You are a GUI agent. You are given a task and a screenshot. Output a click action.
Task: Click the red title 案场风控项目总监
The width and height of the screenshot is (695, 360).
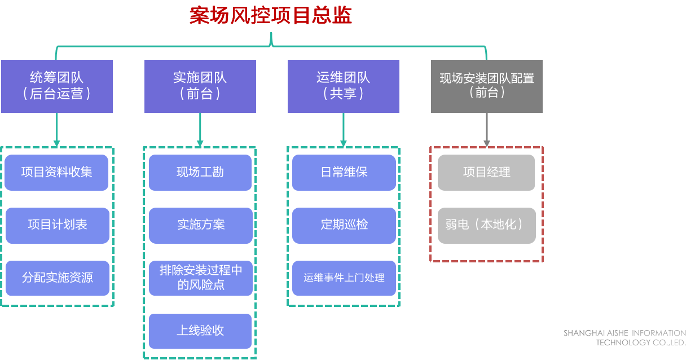[271, 16]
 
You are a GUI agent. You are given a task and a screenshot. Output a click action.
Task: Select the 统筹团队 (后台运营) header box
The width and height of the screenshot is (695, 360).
[56, 86]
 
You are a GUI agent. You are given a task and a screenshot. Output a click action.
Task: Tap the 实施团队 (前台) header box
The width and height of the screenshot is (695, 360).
[200, 86]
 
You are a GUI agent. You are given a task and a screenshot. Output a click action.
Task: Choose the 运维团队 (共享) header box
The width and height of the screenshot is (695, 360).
[343, 86]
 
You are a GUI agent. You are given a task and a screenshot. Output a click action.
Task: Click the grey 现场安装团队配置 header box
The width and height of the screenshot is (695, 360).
[486, 86]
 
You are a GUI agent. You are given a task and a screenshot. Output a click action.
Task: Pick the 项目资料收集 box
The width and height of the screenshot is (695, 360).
[56, 172]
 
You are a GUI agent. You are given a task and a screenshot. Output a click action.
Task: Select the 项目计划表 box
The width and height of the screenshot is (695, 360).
[56, 225]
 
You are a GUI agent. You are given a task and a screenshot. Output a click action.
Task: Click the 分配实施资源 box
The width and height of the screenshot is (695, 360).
[56, 278]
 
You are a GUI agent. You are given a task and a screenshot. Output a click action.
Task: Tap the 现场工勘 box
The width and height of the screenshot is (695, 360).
[200, 172]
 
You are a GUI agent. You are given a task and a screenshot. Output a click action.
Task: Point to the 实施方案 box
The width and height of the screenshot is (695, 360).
[200, 225]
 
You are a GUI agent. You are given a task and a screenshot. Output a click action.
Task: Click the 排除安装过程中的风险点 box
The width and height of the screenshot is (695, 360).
[200, 278]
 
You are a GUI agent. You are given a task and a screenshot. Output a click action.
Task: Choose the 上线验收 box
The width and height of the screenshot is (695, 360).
[200, 331]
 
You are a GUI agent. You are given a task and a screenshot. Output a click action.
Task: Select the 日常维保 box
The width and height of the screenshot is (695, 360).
[344, 172]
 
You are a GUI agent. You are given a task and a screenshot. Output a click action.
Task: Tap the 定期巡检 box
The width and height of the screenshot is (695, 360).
[344, 225]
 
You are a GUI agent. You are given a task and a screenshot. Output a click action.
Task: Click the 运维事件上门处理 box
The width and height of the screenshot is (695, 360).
[344, 278]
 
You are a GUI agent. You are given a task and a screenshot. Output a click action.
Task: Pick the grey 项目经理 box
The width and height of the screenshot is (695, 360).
[486, 172]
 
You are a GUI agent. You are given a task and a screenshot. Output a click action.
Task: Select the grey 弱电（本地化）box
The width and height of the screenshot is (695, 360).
[486, 225]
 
